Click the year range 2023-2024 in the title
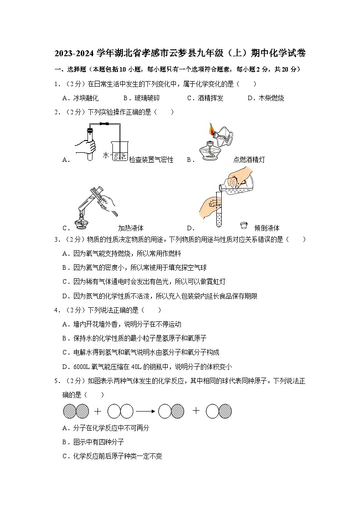point(74,53)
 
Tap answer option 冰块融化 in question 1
point(86,98)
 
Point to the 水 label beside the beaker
point(106,155)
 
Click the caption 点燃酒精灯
point(249,160)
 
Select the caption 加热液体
point(131,228)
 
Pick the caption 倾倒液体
point(267,228)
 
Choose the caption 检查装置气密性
point(151,160)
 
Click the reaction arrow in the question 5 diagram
point(145,411)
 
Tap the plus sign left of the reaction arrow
point(97,411)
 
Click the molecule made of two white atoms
point(120,411)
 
